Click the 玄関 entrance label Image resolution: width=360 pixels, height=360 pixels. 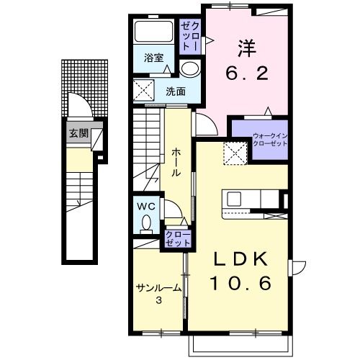coord(78,133)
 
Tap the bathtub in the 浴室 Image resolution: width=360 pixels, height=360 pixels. coord(154,32)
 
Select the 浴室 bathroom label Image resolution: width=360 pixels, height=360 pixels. coord(154,58)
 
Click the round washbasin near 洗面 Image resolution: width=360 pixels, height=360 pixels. coord(190,68)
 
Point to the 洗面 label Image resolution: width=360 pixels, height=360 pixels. coord(176,91)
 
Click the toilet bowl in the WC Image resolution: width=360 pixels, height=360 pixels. coord(146,222)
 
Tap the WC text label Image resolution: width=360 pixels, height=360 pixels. coord(146,206)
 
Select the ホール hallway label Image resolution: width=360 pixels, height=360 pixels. coord(176,163)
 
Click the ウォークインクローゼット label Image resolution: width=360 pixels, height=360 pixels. coord(270,140)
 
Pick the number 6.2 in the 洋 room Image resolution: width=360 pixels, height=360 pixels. coord(247,73)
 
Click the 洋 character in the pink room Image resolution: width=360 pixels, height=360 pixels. coord(247,48)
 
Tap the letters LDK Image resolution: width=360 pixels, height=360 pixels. coord(240,259)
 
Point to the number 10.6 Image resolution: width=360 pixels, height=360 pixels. coord(240,282)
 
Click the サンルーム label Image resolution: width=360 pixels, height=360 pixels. coord(158,287)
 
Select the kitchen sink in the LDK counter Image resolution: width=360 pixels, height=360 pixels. coord(234,199)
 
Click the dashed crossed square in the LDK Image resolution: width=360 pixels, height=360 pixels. coord(235,153)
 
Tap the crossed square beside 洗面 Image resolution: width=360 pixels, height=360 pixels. coord(144,90)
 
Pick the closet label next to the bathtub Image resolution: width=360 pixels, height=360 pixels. coord(189,36)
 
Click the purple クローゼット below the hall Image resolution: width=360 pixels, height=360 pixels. coord(178,239)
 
